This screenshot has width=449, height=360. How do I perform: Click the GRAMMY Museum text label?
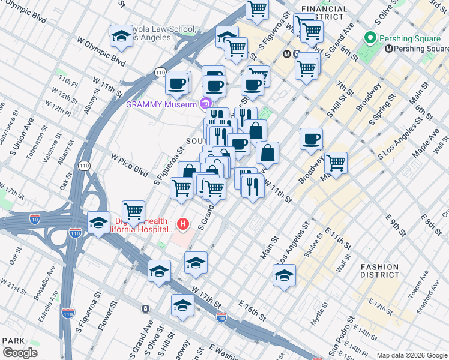click(161, 104)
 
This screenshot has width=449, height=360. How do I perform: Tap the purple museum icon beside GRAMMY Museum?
click(206, 103)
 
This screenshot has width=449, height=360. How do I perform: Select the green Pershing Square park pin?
click(370, 40)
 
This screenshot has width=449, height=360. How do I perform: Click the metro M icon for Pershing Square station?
click(389, 49)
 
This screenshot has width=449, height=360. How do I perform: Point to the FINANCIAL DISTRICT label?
click(325, 13)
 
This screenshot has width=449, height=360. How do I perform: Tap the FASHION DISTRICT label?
click(379, 271)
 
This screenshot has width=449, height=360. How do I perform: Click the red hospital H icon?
click(184, 226)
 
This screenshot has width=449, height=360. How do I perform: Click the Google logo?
click(20, 353)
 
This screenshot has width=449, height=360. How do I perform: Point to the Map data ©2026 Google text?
click(411, 355)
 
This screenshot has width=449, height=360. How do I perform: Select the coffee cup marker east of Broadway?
click(311, 139)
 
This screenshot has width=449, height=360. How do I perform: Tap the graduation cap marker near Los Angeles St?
click(284, 275)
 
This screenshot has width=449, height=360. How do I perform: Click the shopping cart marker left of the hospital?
click(133, 211)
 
